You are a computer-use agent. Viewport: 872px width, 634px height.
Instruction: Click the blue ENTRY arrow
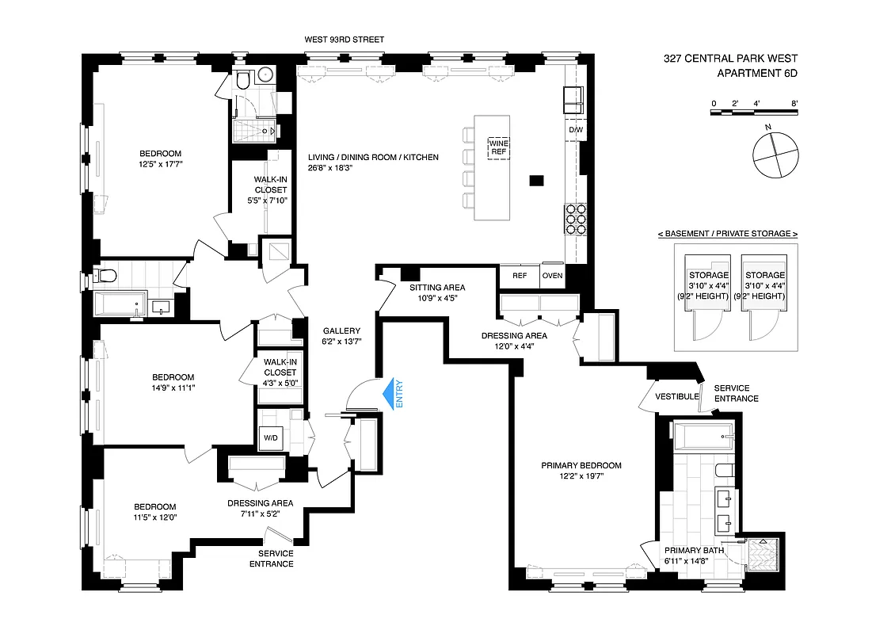click(x=389, y=395)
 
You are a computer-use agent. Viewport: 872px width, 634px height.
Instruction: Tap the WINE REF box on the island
click(x=498, y=147)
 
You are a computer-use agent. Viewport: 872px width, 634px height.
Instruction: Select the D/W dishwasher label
click(x=575, y=130)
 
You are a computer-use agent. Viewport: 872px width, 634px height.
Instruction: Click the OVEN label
click(x=551, y=276)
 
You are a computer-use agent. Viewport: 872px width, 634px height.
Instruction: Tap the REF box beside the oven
click(x=520, y=276)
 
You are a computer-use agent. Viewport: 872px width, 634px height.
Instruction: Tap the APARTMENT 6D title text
click(x=756, y=73)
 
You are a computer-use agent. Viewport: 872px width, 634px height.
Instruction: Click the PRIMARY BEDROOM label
click(x=581, y=465)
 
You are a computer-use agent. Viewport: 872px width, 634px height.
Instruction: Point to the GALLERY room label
click(x=341, y=331)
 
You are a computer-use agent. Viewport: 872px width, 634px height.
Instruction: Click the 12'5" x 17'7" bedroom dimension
click(x=161, y=165)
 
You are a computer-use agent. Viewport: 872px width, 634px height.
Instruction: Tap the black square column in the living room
click(x=536, y=181)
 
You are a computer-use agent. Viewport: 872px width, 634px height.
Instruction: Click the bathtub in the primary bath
click(x=703, y=433)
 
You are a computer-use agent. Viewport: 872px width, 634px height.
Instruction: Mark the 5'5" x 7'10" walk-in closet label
click(x=270, y=201)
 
